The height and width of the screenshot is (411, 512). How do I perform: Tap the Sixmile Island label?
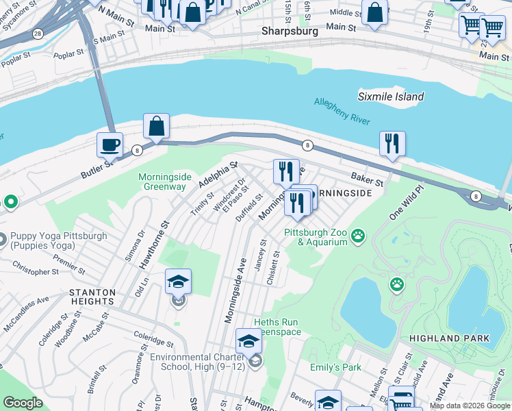tap(391, 97)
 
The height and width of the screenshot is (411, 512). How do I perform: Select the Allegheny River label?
tap(342, 111)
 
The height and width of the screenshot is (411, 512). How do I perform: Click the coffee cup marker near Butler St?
tap(110, 145)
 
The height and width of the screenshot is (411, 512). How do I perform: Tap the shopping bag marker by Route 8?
tap(157, 127)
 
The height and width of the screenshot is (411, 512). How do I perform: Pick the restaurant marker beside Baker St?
tap(392, 144)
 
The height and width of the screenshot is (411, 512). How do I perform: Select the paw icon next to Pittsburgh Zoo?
tap(357, 237)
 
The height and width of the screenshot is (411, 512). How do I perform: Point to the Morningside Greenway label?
tap(162, 182)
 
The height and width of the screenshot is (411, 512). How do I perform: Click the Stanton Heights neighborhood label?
tap(92, 297)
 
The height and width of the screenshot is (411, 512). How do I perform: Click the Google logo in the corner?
tap(23, 402)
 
